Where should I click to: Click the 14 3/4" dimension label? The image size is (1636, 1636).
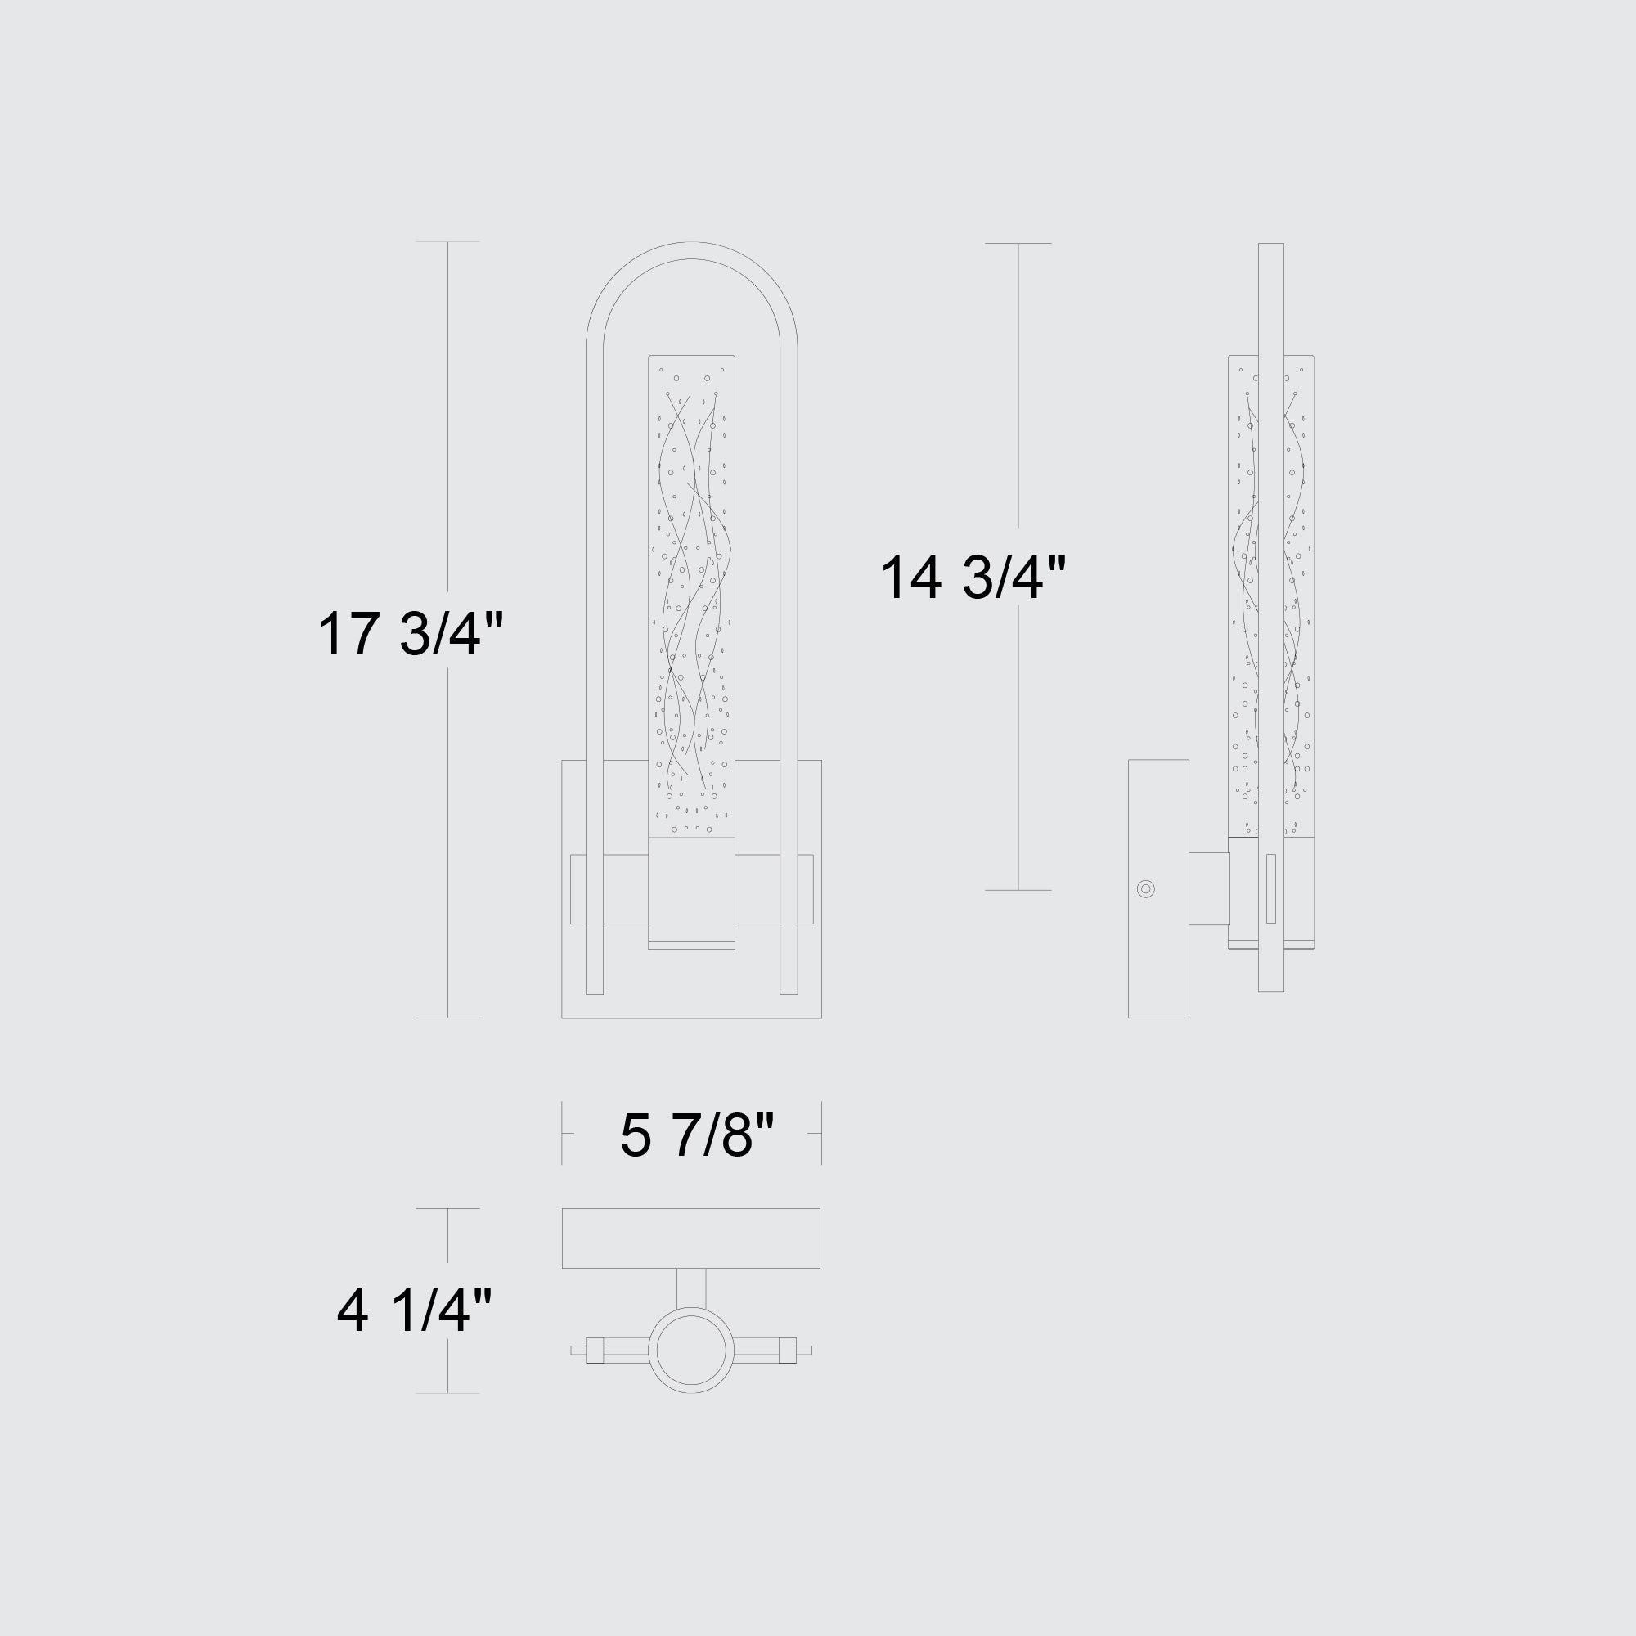coord(973,578)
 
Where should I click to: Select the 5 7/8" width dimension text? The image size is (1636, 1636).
coord(697,1135)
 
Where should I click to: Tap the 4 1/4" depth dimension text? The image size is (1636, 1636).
coord(414,1310)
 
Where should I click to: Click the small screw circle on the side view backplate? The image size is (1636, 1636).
coord(1146,888)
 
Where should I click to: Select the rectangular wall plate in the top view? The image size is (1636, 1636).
coord(691,1238)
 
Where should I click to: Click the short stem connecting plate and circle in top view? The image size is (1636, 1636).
coord(691,1289)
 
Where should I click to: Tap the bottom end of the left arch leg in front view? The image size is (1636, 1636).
coord(595,992)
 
